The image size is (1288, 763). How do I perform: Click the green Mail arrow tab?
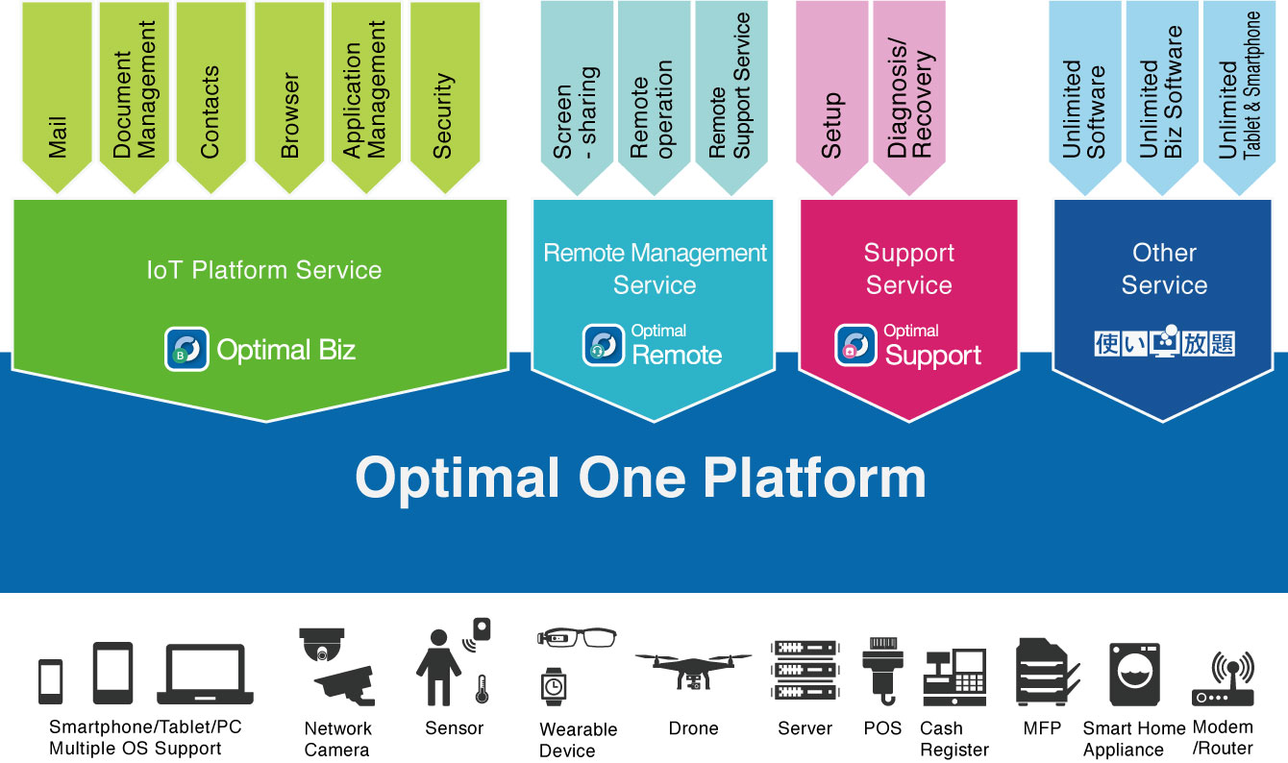pyautogui.click(x=57, y=95)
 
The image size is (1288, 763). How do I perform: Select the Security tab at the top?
pyautogui.click(x=445, y=95)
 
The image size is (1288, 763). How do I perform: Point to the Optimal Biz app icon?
pyautogui.click(x=186, y=349)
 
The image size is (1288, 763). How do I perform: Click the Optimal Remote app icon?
pyautogui.click(x=604, y=345)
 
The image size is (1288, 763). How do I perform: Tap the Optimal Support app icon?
pyautogui.click(x=855, y=345)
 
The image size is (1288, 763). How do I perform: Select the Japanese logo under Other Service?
pyautogui.click(x=1164, y=341)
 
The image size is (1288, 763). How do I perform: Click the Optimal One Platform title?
pyautogui.click(x=640, y=479)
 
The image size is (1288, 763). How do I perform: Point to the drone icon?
pyautogui.click(x=693, y=671)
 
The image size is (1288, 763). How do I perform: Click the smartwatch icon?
pyautogui.click(x=554, y=686)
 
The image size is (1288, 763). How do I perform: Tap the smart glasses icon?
pyautogui.click(x=577, y=638)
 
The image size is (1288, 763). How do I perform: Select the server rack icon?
pyautogui.click(x=805, y=670)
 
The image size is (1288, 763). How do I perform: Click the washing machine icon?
pyautogui.click(x=1134, y=675)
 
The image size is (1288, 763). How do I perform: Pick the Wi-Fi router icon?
pyautogui.click(x=1223, y=678)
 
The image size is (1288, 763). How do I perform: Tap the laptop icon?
pyautogui.click(x=205, y=674)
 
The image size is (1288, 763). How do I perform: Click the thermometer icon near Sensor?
pyautogui.click(x=482, y=689)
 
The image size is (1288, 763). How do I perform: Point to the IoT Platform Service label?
pyautogui.click(x=264, y=270)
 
